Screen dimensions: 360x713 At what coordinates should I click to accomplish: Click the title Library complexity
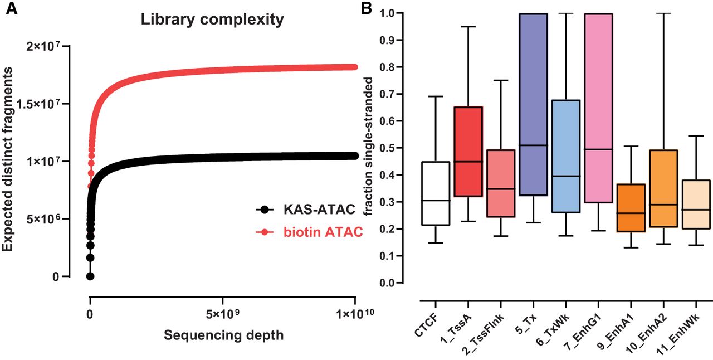212,20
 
